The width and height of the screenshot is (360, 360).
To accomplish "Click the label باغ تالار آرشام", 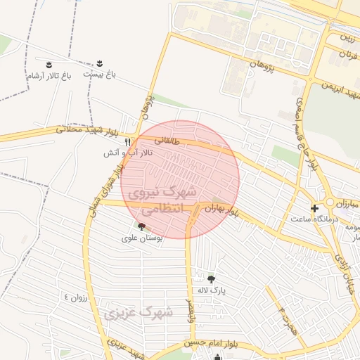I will (49, 75).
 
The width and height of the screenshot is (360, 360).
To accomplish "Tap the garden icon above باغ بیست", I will (99, 63).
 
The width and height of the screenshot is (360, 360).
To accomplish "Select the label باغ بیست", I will (99, 73).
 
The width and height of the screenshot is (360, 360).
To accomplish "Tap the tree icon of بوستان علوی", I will (142, 226).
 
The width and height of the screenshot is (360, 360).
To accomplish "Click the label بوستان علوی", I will (142, 238).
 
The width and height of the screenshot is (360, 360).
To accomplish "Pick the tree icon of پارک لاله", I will (211, 279).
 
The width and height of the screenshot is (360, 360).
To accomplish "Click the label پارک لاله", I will (211, 290).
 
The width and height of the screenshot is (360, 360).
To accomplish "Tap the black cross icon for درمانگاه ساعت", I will (314, 207).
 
